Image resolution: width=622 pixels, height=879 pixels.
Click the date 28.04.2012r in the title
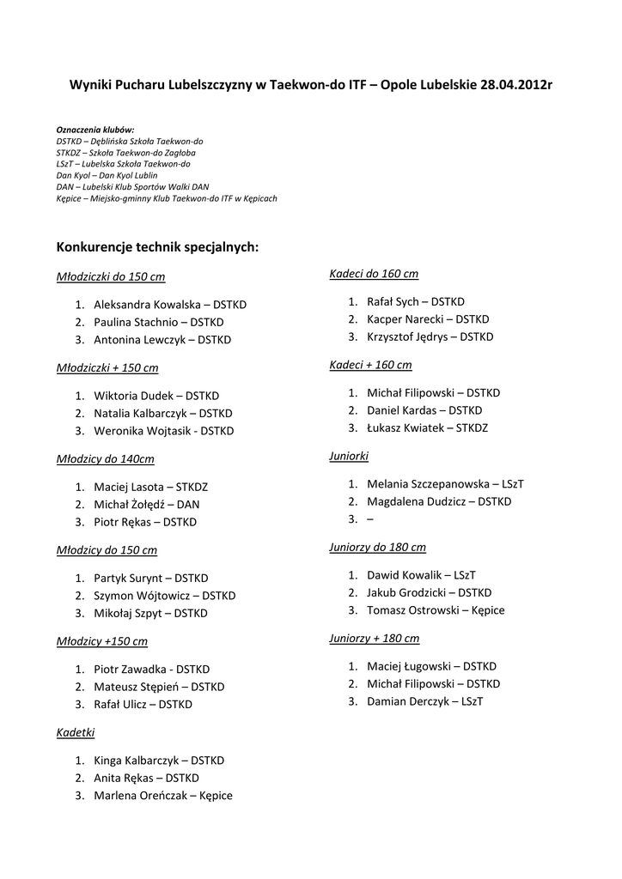click(515, 86)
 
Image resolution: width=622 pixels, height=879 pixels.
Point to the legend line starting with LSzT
click(123, 163)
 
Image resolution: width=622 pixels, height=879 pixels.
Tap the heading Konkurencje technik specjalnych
click(157, 247)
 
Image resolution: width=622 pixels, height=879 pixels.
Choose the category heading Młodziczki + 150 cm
click(107, 367)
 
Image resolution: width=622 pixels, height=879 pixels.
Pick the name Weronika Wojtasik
click(143, 431)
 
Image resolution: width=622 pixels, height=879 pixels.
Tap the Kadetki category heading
click(76, 732)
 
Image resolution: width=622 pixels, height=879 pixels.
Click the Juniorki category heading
click(349, 456)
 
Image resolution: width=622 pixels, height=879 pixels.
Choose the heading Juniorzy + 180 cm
click(375, 639)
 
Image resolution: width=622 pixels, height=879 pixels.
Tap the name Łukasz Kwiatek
click(405, 427)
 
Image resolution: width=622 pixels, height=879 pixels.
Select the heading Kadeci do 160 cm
click(374, 274)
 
